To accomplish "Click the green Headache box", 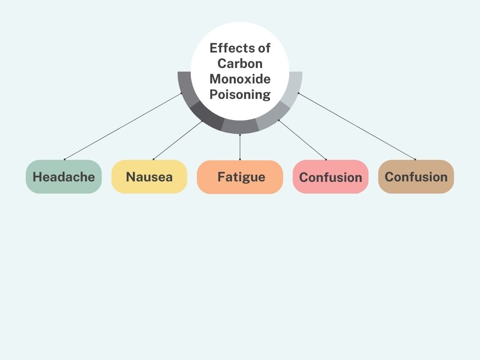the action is (x=64, y=177).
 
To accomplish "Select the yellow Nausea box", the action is (x=150, y=177).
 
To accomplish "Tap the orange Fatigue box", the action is (x=240, y=177).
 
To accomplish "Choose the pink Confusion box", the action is (x=330, y=177).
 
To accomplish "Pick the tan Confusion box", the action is (x=416, y=177).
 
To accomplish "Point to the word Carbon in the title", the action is (x=240, y=63).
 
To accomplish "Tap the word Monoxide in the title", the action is (x=240, y=79).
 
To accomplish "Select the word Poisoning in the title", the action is (x=240, y=94).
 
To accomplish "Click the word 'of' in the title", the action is (x=264, y=48).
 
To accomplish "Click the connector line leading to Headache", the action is (x=123, y=126).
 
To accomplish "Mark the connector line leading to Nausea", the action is (x=178, y=141).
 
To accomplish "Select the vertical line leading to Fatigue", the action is (x=240, y=147).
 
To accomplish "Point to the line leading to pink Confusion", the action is (x=302, y=140).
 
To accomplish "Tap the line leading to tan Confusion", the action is (x=357, y=126).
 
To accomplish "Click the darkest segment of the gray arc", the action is (x=207, y=116).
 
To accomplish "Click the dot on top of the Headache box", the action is (x=65, y=159).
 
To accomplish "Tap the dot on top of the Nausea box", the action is (x=153, y=159).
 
